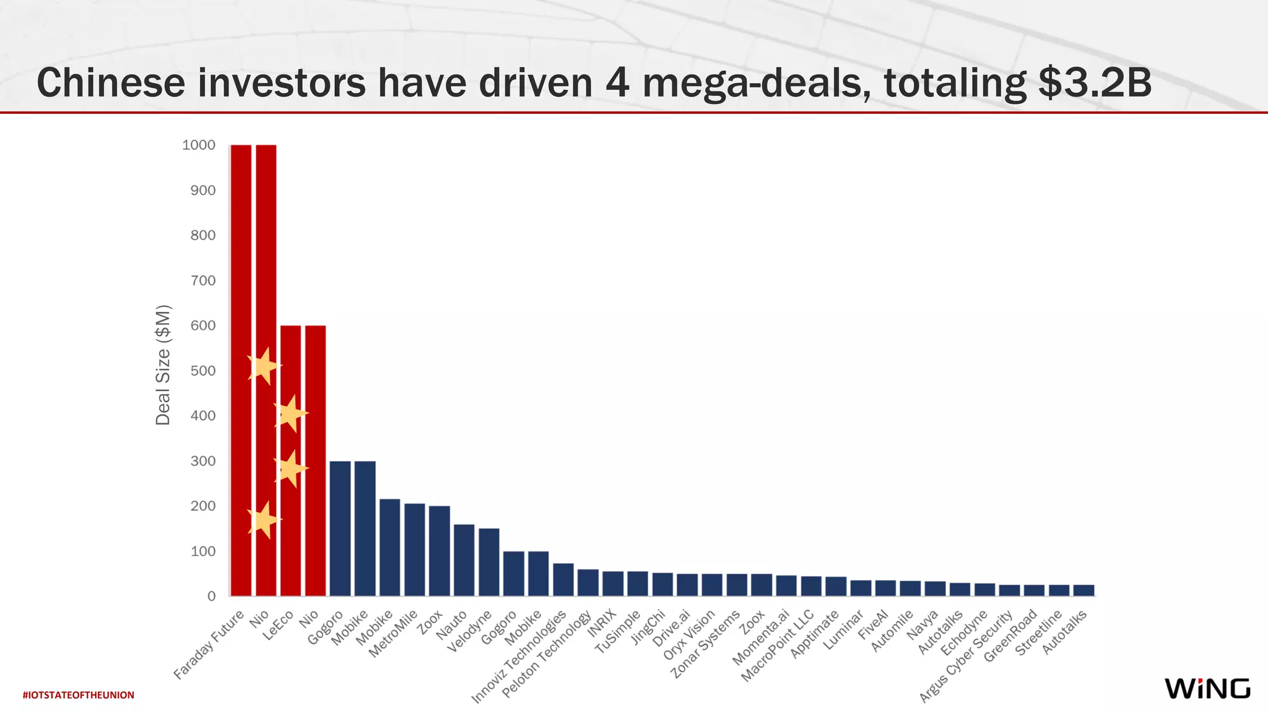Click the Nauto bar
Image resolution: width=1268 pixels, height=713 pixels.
coord(464,560)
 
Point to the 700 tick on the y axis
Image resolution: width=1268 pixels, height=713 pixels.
coord(203,280)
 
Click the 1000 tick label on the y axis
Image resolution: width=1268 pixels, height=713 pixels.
coord(199,145)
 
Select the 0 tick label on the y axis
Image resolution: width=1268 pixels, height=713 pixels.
coord(212,596)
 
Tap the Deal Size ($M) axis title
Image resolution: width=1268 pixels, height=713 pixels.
coord(163,365)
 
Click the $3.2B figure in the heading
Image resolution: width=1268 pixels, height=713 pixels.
coord(1095,83)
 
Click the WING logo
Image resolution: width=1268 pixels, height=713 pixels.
coord(1207,688)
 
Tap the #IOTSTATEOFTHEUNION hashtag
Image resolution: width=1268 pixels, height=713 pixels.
coord(78,695)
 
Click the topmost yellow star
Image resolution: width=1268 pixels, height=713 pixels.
coord(264,366)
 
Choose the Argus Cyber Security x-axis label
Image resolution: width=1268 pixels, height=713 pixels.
coord(966,656)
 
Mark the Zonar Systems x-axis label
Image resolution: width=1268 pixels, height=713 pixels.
coord(706,644)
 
